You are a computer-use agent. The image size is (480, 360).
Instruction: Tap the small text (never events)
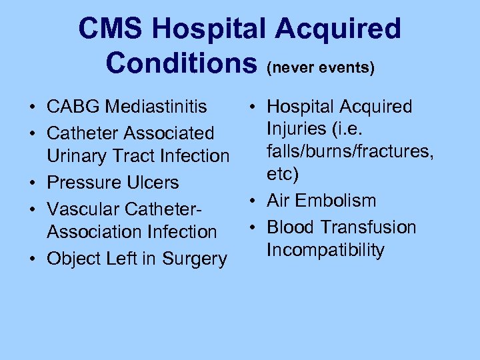(320, 67)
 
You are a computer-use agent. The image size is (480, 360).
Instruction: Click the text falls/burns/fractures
(351, 151)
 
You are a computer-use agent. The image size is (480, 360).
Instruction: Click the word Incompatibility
(325, 250)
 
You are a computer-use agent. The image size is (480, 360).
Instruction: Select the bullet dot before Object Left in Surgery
(32, 259)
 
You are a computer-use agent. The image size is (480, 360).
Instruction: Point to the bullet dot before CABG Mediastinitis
(32, 107)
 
